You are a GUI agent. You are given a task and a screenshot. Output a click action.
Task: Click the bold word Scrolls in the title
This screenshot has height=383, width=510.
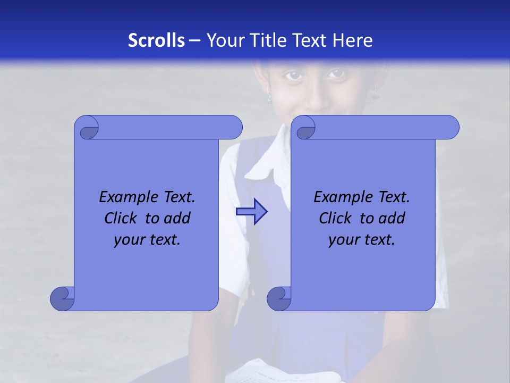coord(157,40)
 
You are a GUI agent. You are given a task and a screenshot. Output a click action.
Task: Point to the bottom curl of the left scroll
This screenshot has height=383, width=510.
coord(62,298)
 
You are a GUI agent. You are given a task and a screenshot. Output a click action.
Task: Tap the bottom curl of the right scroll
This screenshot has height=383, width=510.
coord(279,298)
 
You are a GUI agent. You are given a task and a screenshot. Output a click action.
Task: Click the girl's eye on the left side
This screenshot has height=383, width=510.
coord(294,76)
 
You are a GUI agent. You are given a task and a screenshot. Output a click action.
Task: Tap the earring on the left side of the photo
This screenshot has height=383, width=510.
coord(269,97)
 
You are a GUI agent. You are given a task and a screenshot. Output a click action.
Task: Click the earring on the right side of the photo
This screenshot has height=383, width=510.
coord(375,93)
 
